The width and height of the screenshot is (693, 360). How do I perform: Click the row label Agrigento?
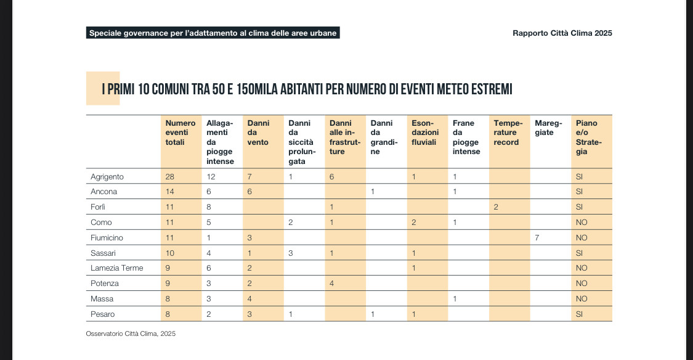click(107, 177)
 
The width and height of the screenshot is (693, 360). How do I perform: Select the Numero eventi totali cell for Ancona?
click(170, 192)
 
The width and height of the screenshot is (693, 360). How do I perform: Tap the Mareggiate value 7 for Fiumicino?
click(537, 237)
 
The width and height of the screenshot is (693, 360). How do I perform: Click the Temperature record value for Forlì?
click(496, 207)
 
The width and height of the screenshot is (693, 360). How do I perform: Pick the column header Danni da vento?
click(258, 133)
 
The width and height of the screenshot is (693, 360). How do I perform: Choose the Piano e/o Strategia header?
click(586, 137)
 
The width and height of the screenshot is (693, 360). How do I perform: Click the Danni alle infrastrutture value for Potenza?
click(332, 284)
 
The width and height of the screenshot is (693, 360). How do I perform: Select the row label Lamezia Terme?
click(116, 268)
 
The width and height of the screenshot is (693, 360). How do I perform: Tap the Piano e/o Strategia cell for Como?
click(582, 223)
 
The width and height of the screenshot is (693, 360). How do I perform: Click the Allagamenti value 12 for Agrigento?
click(211, 177)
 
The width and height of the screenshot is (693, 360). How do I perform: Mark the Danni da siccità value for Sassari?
click(291, 253)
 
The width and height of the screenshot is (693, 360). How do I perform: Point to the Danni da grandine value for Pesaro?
click(373, 314)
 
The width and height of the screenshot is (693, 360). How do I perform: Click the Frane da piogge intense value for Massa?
click(455, 299)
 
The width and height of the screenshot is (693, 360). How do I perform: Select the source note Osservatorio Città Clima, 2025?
click(131, 333)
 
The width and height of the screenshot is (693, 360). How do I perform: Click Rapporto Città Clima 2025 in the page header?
click(562, 33)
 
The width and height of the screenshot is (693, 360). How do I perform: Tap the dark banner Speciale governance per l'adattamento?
click(213, 33)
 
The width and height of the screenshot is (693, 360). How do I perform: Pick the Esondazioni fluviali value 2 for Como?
click(414, 223)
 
